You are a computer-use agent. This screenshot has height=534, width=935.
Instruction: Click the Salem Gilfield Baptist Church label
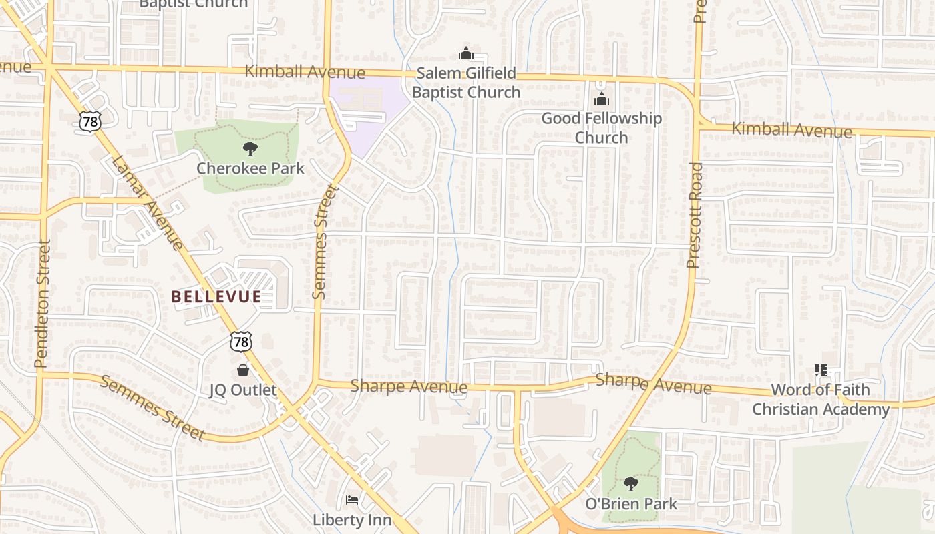465,82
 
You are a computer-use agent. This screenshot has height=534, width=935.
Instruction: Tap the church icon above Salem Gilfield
465,53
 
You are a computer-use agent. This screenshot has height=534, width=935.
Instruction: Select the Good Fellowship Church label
601,127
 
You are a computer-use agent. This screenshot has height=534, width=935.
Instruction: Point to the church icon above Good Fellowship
602,99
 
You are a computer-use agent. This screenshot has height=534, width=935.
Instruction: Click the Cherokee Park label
250,168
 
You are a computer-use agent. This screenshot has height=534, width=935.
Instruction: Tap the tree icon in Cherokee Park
250,148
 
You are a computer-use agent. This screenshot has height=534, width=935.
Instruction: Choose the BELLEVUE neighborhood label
216,297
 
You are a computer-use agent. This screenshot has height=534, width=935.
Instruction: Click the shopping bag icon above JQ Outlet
242,370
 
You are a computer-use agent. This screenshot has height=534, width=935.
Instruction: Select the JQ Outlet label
242,390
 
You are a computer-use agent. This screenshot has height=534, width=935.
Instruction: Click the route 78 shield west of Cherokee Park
88,121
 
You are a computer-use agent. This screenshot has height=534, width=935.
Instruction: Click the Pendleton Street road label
42,304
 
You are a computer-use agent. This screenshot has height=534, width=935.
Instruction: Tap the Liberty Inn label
352,519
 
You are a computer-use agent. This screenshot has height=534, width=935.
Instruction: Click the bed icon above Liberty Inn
352,499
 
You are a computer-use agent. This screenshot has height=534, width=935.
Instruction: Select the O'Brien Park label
631,504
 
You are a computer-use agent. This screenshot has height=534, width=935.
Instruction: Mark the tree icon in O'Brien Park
630,483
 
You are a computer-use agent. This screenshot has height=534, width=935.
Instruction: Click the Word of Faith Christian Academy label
821,399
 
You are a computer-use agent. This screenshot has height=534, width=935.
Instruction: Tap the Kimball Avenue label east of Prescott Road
791,130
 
